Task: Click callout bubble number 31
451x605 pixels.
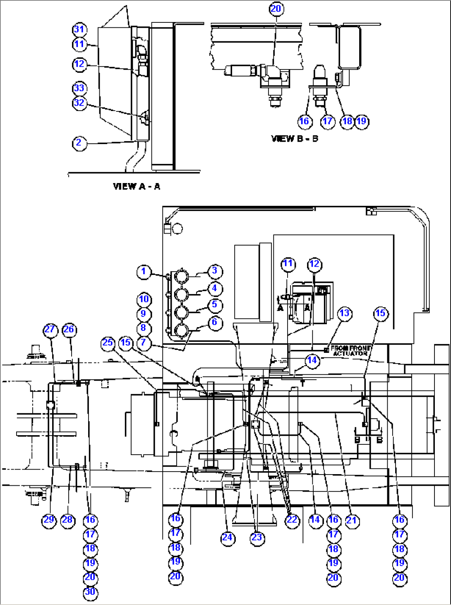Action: pyautogui.click(x=79, y=29)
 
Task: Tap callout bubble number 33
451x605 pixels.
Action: pyautogui.click(x=79, y=89)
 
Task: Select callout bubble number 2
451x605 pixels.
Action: pyautogui.click(x=79, y=143)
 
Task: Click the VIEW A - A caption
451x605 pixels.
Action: pyautogui.click(x=137, y=186)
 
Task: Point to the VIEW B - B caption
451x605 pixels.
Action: pyautogui.click(x=295, y=138)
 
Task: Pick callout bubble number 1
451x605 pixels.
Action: pyautogui.click(x=144, y=272)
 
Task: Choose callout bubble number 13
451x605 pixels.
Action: pyautogui.click(x=345, y=313)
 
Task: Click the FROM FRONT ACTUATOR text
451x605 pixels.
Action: pyautogui.click(x=350, y=351)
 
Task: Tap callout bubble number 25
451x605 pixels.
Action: pyautogui.click(x=108, y=343)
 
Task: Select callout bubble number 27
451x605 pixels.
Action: pyautogui.click(x=50, y=330)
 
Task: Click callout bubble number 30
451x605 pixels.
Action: pyautogui.click(x=90, y=592)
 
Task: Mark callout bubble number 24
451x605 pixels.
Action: pyautogui.click(x=228, y=538)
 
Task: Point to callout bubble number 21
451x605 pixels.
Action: pyautogui.click(x=352, y=521)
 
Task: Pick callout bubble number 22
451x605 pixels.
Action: pyautogui.click(x=292, y=520)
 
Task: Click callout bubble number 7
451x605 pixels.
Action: pyautogui.click(x=144, y=343)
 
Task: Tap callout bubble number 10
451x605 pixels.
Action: pyautogui.click(x=144, y=300)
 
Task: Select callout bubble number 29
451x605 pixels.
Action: pyautogui.click(x=49, y=520)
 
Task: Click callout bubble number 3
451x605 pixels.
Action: pyautogui.click(x=215, y=271)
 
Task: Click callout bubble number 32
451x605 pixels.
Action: pyautogui.click(x=79, y=103)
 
